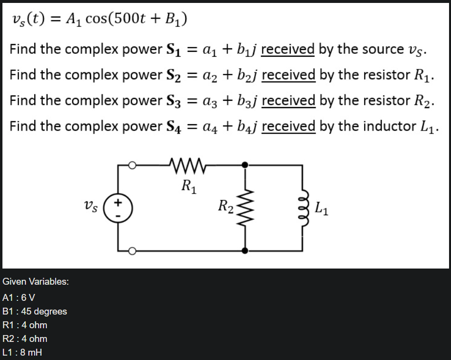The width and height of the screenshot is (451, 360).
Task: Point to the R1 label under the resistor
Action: coord(188,186)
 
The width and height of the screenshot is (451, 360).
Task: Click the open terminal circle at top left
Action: coord(132,166)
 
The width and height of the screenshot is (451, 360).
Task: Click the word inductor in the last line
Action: coord(380,126)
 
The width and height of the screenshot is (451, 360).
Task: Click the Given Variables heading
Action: coord(36,282)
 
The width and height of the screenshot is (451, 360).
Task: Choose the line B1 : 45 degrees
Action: coord(35,311)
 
